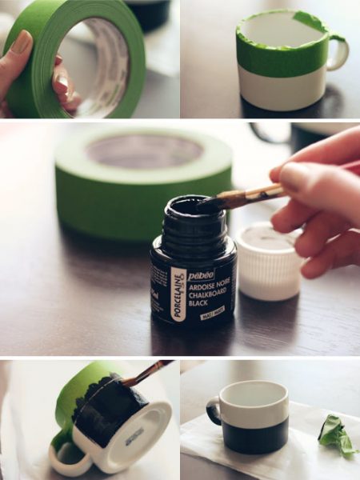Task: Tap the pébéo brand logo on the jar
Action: coord(201,274)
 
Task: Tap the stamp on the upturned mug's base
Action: coord(134,433)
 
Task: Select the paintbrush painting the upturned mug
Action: coord(144,374)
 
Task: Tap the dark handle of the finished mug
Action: coord(214,410)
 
